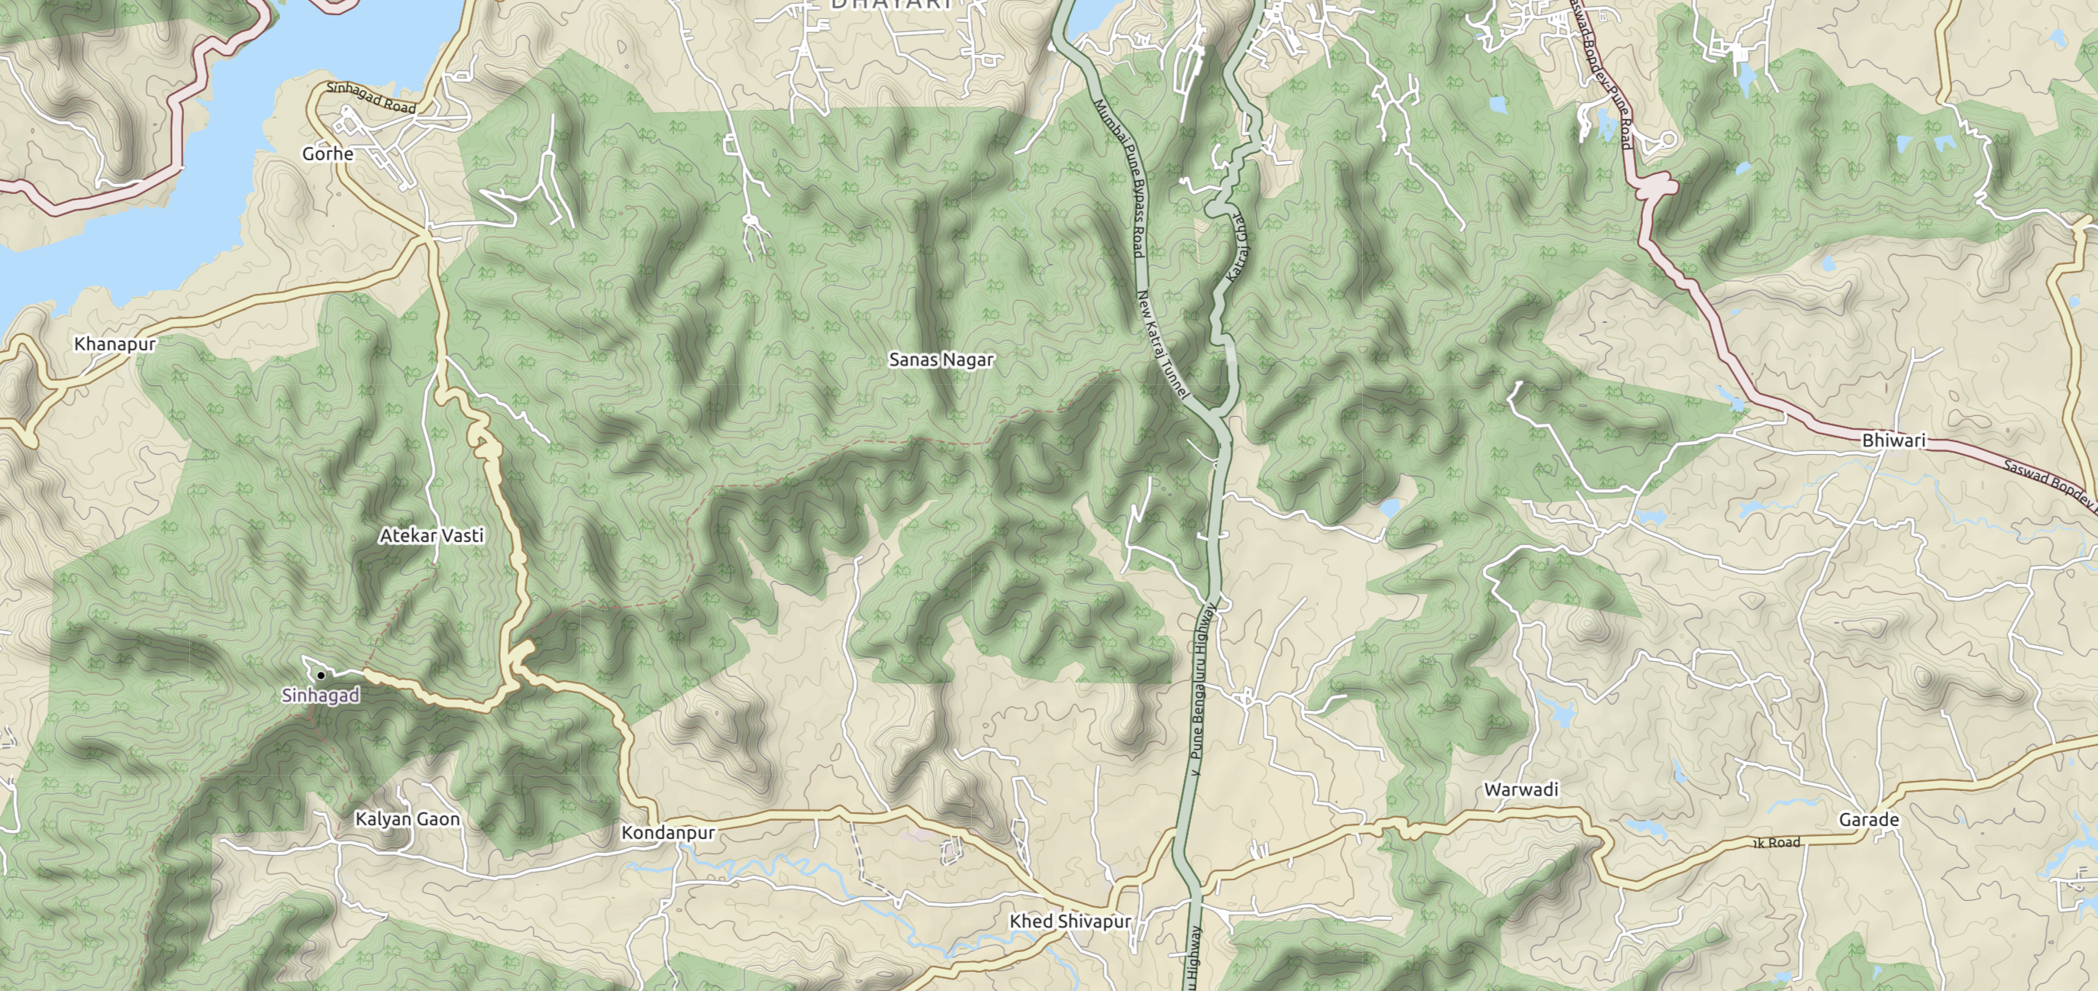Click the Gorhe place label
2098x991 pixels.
[x=328, y=154]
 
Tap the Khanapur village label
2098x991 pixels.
[x=115, y=344]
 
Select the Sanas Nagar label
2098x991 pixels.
[x=941, y=359]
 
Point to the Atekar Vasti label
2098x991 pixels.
[x=431, y=535]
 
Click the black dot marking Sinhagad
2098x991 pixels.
[x=321, y=675]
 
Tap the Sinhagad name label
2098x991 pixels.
[x=320, y=696]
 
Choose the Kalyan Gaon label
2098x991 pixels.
[x=407, y=818]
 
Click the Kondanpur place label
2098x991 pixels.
[x=668, y=832]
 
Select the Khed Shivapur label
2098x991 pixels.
[x=1070, y=921]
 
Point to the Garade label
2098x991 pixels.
[x=1868, y=819]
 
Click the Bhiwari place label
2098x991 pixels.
[x=1893, y=441]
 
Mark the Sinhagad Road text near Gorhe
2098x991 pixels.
[x=371, y=98]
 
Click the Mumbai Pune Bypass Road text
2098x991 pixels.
[x=1119, y=175]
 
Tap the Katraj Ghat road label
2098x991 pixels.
[x=1234, y=247]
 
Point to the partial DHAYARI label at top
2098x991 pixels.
[x=890, y=4]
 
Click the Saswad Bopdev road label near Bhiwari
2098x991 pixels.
[x=2048, y=486]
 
